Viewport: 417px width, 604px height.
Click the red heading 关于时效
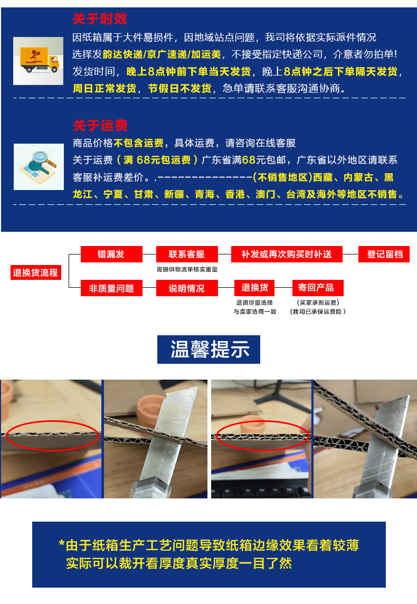(x=100, y=20)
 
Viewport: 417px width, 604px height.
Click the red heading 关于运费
(x=100, y=126)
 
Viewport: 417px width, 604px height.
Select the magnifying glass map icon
(x=38, y=166)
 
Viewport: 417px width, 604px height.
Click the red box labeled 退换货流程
(x=35, y=273)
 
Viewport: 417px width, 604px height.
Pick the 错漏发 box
(x=111, y=254)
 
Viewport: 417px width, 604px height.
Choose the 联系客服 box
(x=187, y=254)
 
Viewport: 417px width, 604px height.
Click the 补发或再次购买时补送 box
(x=287, y=254)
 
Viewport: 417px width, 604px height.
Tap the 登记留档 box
(x=385, y=254)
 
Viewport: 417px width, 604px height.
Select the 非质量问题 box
(x=111, y=288)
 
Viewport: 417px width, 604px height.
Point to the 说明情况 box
(x=187, y=288)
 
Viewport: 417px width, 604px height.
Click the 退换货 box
(x=255, y=288)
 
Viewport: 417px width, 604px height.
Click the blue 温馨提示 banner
(x=209, y=350)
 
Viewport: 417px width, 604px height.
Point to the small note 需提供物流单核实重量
(x=187, y=269)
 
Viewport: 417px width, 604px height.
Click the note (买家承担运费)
(x=317, y=303)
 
